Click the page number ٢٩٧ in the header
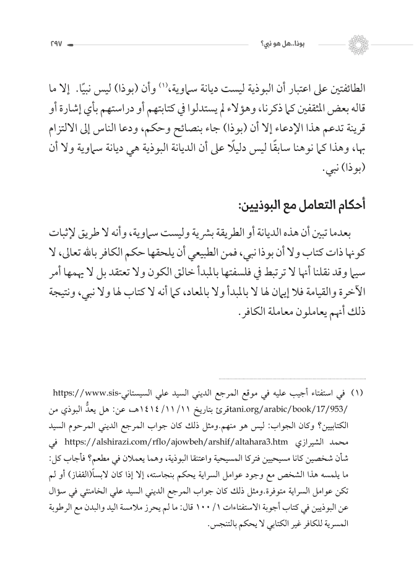(x=48, y=44)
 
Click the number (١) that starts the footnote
(x=361, y=393)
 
